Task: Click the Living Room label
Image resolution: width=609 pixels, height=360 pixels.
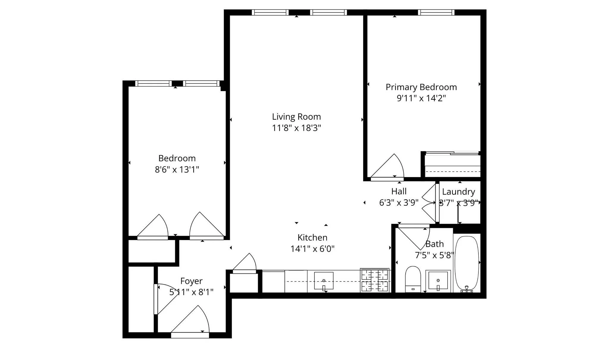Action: tap(296, 117)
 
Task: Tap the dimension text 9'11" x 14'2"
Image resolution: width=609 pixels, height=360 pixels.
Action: tap(421, 98)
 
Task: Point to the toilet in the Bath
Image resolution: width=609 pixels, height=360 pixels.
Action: tap(413, 279)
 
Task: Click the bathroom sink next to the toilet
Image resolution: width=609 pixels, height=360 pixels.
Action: tap(438, 280)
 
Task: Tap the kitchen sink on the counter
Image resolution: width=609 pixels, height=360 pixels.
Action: tap(324, 281)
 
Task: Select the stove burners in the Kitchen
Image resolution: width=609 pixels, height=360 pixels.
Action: tap(375, 280)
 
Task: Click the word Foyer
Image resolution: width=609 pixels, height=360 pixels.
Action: tap(191, 281)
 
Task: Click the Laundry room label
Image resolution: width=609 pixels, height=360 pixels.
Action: tap(458, 192)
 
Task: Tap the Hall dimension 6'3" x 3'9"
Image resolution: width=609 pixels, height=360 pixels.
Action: tap(399, 203)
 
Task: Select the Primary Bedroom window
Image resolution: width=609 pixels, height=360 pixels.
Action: tap(436, 12)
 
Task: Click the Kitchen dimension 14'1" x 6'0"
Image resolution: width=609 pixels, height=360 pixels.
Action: tap(312, 249)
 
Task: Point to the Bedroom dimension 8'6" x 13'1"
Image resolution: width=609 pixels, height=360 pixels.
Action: tap(177, 170)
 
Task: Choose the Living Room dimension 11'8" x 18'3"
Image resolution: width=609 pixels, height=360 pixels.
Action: tap(296, 128)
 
